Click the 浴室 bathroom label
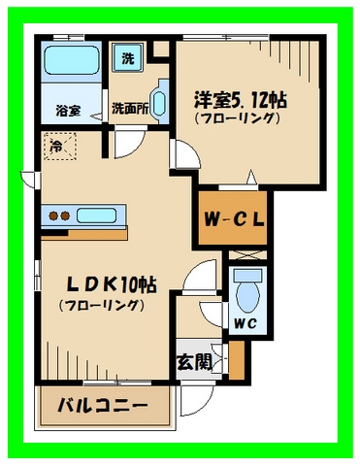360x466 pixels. [67, 111]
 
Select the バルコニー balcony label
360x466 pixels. [101, 405]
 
